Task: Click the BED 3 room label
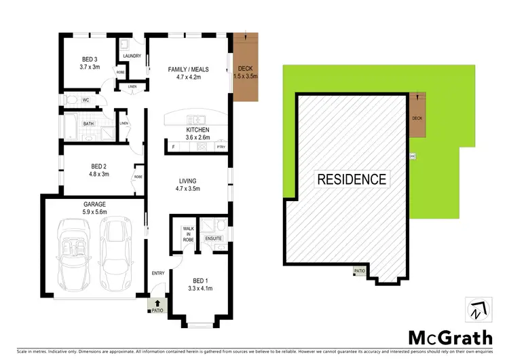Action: click(x=90, y=59)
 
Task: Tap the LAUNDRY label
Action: click(x=132, y=56)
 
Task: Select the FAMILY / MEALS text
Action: click(x=188, y=69)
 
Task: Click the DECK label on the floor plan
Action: click(x=245, y=69)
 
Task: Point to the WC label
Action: click(x=86, y=101)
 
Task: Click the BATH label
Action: click(x=89, y=124)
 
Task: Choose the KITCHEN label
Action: click(x=198, y=130)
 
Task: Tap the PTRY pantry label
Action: click(x=221, y=147)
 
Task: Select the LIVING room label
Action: click(x=188, y=181)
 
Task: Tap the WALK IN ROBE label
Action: click(x=189, y=235)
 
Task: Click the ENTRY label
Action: click(x=158, y=273)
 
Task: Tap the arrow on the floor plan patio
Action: click(x=157, y=303)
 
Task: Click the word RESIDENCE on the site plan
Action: click(x=352, y=179)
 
